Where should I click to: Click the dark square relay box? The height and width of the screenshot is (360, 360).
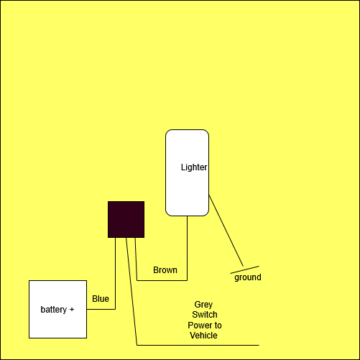click(x=126, y=219)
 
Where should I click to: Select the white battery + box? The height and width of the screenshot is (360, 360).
click(x=57, y=309)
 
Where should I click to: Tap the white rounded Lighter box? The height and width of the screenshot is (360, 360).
click(x=187, y=172)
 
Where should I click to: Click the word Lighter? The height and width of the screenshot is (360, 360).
click(x=194, y=167)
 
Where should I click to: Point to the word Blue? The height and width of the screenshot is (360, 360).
click(x=101, y=299)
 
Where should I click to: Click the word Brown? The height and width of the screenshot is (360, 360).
click(x=165, y=270)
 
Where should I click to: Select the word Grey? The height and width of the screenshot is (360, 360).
click(x=203, y=305)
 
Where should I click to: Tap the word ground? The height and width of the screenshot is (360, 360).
click(x=248, y=277)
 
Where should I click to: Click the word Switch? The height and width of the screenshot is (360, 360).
click(x=205, y=315)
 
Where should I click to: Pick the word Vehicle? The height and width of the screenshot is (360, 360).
click(x=203, y=336)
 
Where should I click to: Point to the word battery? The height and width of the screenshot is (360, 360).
click(x=54, y=310)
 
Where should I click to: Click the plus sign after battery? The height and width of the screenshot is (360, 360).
click(x=72, y=310)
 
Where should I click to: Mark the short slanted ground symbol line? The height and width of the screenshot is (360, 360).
click(x=244, y=269)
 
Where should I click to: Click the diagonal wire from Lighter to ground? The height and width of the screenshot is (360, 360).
click(x=226, y=231)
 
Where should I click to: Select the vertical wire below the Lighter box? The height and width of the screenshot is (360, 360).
click(x=187, y=248)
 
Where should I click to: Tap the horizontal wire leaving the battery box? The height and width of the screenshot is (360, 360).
click(x=101, y=309)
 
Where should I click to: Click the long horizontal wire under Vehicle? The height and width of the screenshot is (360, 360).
click(x=198, y=345)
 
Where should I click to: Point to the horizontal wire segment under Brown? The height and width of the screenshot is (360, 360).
click(x=162, y=280)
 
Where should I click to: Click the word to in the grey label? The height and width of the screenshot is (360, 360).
click(x=218, y=326)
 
